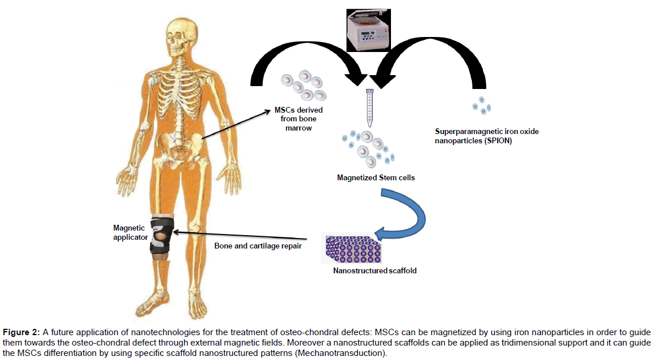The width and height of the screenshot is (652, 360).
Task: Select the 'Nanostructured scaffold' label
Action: pyautogui.click(x=374, y=270)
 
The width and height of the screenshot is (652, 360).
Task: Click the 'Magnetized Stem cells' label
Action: pyautogui.click(x=375, y=178)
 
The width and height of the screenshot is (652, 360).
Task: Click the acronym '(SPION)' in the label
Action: pyautogui.click(x=499, y=140)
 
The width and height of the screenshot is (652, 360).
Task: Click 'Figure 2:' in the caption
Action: pyautogui.click(x=20, y=332)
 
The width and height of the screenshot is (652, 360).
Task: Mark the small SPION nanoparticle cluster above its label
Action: pyautogui.click(x=482, y=106)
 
